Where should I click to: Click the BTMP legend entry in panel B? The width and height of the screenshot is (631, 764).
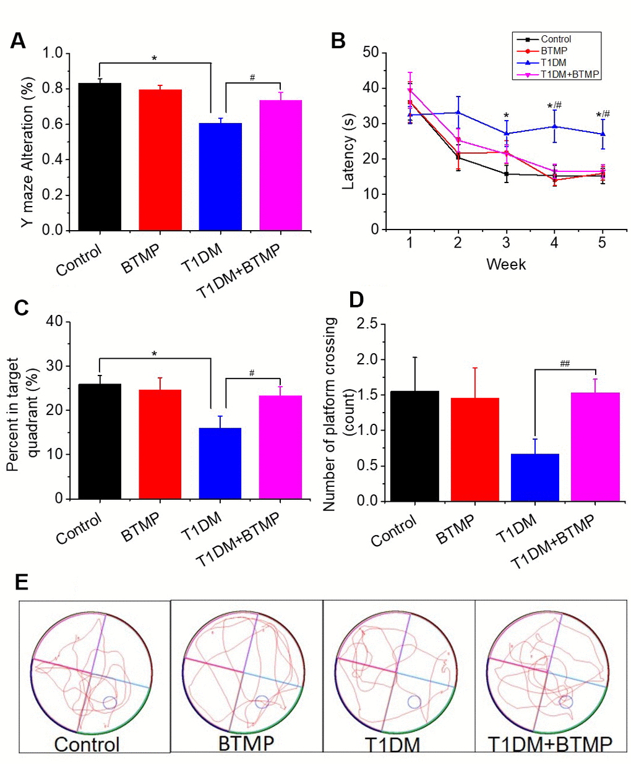coord(554,51)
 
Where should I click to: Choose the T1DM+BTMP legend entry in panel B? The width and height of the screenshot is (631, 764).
coord(569,74)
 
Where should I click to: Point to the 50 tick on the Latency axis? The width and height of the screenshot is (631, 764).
coord(371,53)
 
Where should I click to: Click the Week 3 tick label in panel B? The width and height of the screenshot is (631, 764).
coord(506,243)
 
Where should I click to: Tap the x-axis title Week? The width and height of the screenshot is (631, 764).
coord(506,265)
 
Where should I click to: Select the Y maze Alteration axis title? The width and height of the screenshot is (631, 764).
coord(28,152)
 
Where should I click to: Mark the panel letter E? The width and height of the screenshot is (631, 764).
coord(21,582)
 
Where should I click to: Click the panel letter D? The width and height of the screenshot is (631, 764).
coord(356,299)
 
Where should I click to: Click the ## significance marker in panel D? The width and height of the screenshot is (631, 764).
coord(564,364)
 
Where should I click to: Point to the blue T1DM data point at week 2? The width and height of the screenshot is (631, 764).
coord(458,112)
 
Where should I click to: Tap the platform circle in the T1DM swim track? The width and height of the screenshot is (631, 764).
coord(414,701)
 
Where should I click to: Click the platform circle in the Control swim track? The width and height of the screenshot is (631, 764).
coord(109,702)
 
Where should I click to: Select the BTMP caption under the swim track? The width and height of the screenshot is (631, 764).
coord(246,742)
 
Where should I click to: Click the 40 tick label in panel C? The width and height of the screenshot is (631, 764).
coord(55,322)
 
